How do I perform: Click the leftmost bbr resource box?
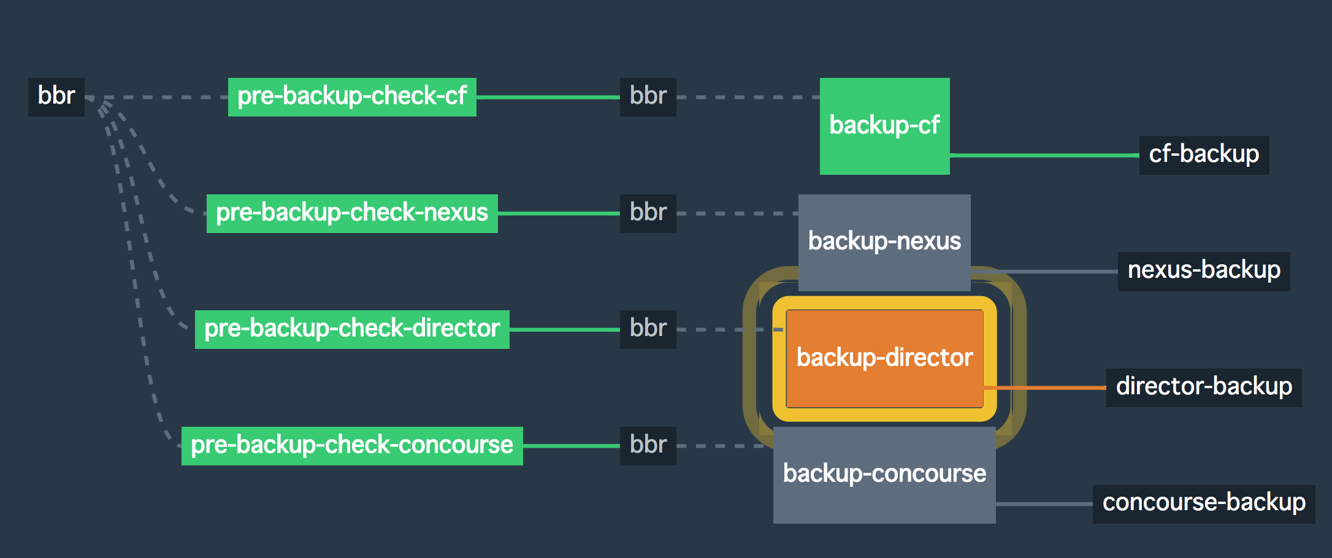[x=56, y=96]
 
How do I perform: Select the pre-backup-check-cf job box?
[x=352, y=96]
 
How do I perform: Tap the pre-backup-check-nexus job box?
[x=352, y=213]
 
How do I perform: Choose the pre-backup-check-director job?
[x=352, y=329]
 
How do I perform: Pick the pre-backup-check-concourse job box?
[x=352, y=445]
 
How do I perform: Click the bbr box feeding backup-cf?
[x=648, y=96]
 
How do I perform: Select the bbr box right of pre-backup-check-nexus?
[x=648, y=213]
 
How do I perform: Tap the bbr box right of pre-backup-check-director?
[x=648, y=329]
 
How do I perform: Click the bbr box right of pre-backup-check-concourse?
[x=648, y=445]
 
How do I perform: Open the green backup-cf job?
[x=884, y=126]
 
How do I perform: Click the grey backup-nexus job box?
[x=884, y=242]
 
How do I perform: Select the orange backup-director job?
[x=884, y=358]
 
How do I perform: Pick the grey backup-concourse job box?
[x=884, y=474]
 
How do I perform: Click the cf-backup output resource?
[x=1204, y=155]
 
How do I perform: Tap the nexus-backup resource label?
[x=1204, y=270]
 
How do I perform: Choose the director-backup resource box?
[x=1204, y=387]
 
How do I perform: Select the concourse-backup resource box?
[x=1204, y=503]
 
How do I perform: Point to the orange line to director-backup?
[x=1046, y=388]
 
